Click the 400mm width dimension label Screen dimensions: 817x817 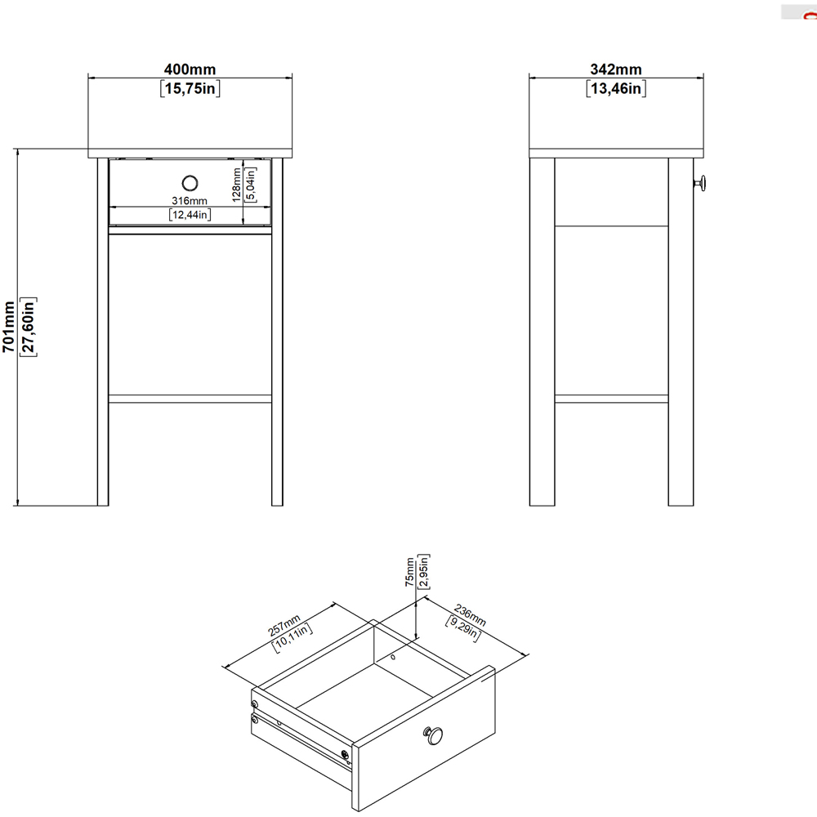click(190, 70)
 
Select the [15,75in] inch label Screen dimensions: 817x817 click(190, 89)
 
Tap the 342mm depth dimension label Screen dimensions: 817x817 click(616, 70)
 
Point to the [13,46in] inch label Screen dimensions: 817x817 click(616, 89)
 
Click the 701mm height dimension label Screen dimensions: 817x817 click(9, 327)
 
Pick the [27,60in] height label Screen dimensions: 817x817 click(29, 327)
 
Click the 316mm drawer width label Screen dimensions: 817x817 click(190, 200)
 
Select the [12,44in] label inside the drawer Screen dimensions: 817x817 click(190, 215)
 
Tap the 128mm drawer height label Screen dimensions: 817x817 click(236, 184)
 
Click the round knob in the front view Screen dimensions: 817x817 click(190, 182)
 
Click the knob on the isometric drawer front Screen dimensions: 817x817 click(433, 735)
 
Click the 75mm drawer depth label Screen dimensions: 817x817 click(409, 571)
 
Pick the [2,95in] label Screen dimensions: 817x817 click(425, 571)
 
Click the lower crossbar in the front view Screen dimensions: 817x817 click(190, 399)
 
